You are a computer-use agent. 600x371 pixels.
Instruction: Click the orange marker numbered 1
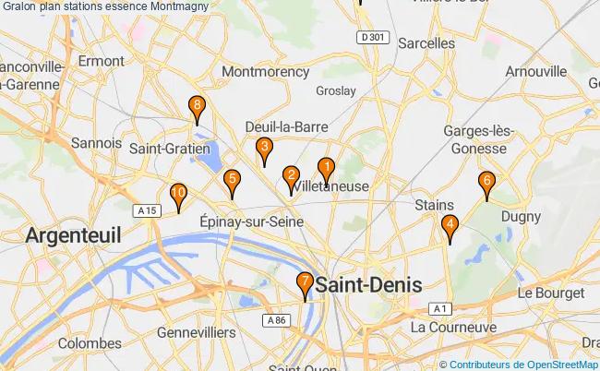point(326,168)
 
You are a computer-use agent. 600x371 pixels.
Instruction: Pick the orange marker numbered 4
point(450,224)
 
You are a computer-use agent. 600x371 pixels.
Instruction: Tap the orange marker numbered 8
point(196,107)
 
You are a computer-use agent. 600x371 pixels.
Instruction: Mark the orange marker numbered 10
point(179,194)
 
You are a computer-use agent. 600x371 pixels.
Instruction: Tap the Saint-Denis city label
point(368,285)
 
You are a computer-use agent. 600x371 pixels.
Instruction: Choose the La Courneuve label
point(449,328)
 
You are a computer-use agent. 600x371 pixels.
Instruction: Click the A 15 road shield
point(144,211)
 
